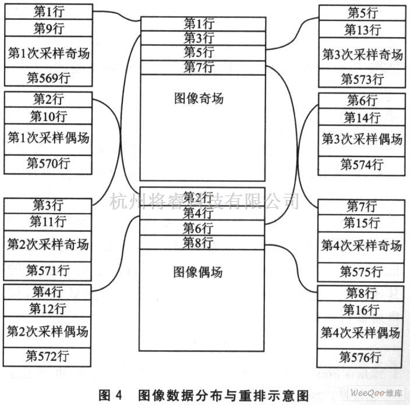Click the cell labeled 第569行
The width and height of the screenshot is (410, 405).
(48, 77)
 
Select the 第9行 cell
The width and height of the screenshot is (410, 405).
(48, 27)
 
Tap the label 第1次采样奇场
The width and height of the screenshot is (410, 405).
(48, 52)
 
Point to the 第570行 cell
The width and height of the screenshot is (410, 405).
(48, 164)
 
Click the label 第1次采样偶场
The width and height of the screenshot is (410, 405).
(48, 139)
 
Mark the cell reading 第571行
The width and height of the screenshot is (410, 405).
(48, 270)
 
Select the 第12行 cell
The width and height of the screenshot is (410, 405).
(48, 308)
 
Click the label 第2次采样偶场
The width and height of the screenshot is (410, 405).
(48, 332)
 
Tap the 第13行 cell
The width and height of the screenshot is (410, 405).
(362, 29)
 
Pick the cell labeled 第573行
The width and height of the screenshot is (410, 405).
(362, 79)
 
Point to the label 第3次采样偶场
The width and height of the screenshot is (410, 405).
(362, 140)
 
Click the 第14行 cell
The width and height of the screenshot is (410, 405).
(362, 117)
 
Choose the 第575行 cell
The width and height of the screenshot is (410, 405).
(362, 271)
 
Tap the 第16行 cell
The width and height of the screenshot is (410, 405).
(362, 310)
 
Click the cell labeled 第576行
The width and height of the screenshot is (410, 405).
(362, 357)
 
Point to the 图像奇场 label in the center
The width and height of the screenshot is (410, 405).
(199, 98)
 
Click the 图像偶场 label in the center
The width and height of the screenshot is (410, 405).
(198, 271)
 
